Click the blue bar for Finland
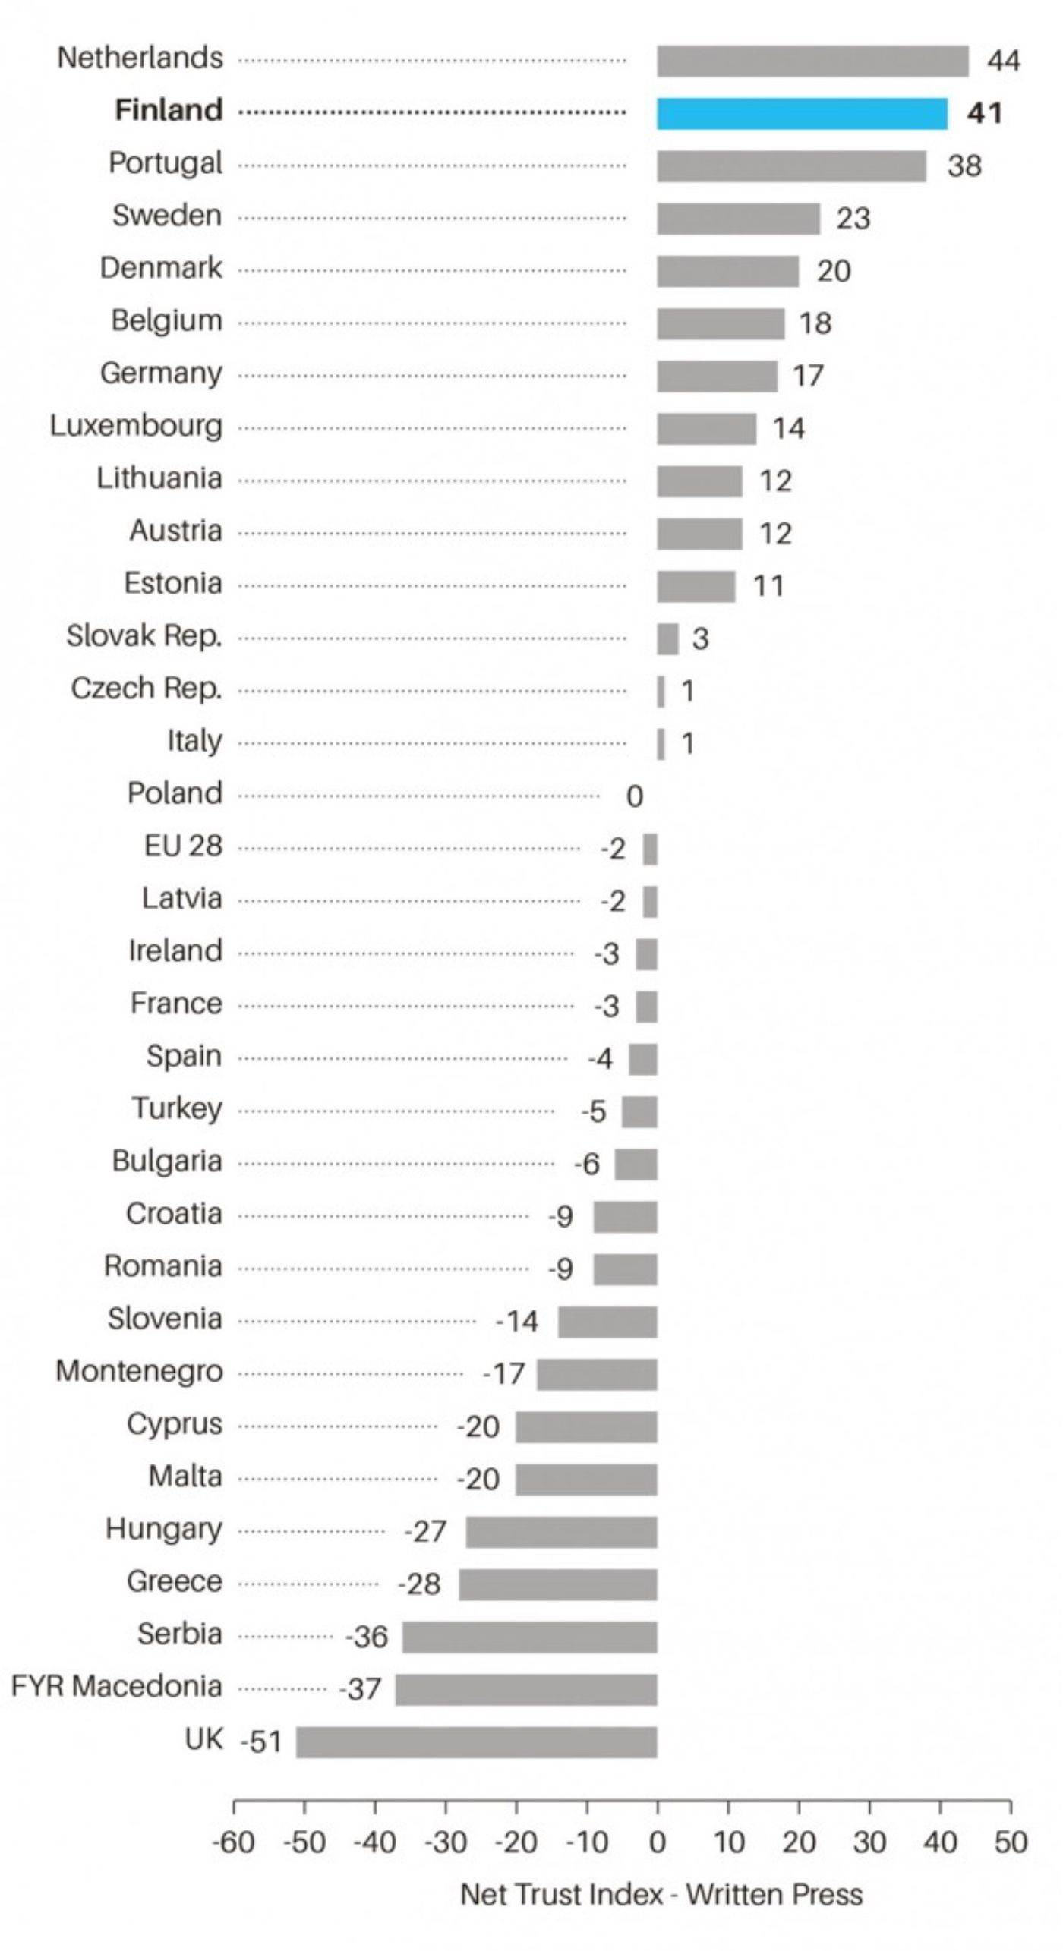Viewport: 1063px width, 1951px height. click(802, 114)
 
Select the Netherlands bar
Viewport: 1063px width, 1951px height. click(812, 61)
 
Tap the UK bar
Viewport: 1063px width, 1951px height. click(477, 1741)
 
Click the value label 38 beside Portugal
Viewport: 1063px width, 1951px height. click(964, 166)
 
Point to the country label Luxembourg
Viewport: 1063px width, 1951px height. click(137, 426)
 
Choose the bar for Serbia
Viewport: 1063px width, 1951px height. click(530, 1637)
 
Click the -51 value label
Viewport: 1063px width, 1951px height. click(261, 1741)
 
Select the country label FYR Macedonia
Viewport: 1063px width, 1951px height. click(117, 1687)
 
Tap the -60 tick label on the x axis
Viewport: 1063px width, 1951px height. click(233, 1842)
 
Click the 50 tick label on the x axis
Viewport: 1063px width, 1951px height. click(1011, 1842)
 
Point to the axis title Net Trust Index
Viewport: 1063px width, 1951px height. click(661, 1895)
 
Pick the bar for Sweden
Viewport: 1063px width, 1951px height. click(738, 219)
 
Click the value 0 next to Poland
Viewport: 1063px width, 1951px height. click(635, 796)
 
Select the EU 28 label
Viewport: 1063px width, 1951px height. click(184, 846)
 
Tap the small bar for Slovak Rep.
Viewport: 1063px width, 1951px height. click(667, 639)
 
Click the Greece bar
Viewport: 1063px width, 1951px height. click(558, 1584)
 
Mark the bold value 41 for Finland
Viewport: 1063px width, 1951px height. click(985, 114)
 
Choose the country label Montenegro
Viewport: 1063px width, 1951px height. click(140, 1372)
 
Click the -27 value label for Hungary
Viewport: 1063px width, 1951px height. click(425, 1531)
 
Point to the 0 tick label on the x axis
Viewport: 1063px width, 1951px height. click(658, 1842)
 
